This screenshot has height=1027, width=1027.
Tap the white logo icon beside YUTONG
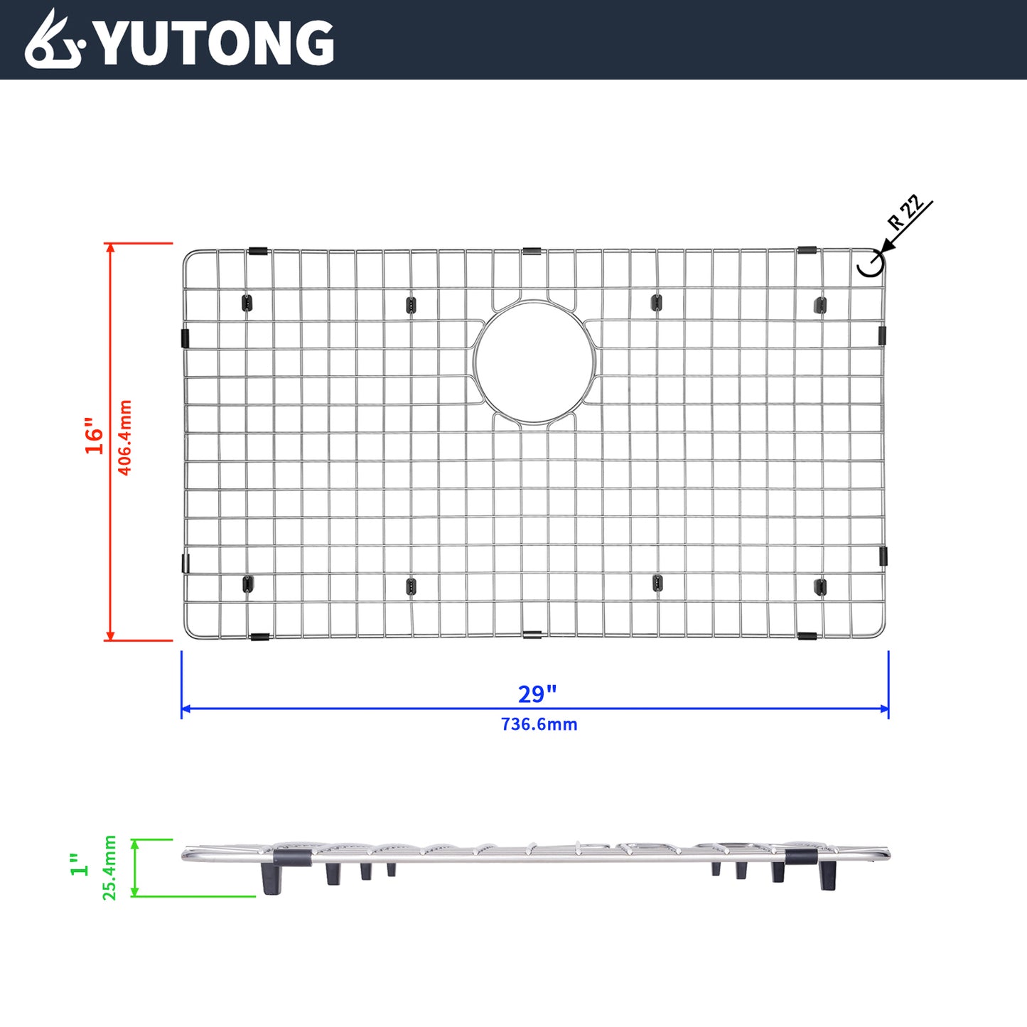click(54, 41)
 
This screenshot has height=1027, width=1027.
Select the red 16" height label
click(95, 436)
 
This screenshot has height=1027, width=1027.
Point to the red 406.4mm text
click(124, 437)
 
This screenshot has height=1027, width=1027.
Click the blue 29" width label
click(537, 694)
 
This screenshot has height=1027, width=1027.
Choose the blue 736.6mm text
click(539, 724)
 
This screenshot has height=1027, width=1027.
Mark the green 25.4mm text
click(109, 868)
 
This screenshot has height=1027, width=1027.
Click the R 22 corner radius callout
click(906, 212)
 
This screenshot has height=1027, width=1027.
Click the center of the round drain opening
click(534, 362)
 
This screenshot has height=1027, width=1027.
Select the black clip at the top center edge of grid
click(532, 252)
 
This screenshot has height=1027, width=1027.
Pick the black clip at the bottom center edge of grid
click(532, 634)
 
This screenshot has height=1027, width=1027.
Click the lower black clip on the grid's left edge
click(185, 564)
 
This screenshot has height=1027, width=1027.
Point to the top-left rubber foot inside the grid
click(247, 303)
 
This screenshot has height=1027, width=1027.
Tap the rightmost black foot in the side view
click(827, 876)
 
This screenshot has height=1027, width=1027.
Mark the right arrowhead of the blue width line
click(885, 709)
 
